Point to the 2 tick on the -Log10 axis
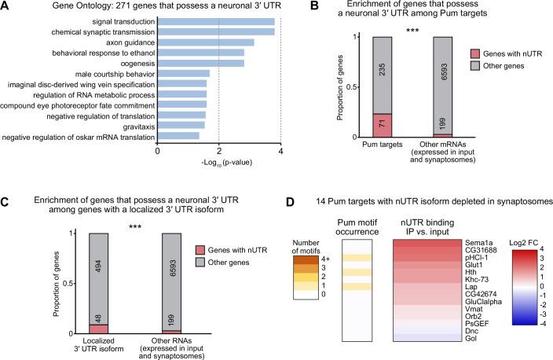(x=219, y=151)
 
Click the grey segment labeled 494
(x=104, y=275)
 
